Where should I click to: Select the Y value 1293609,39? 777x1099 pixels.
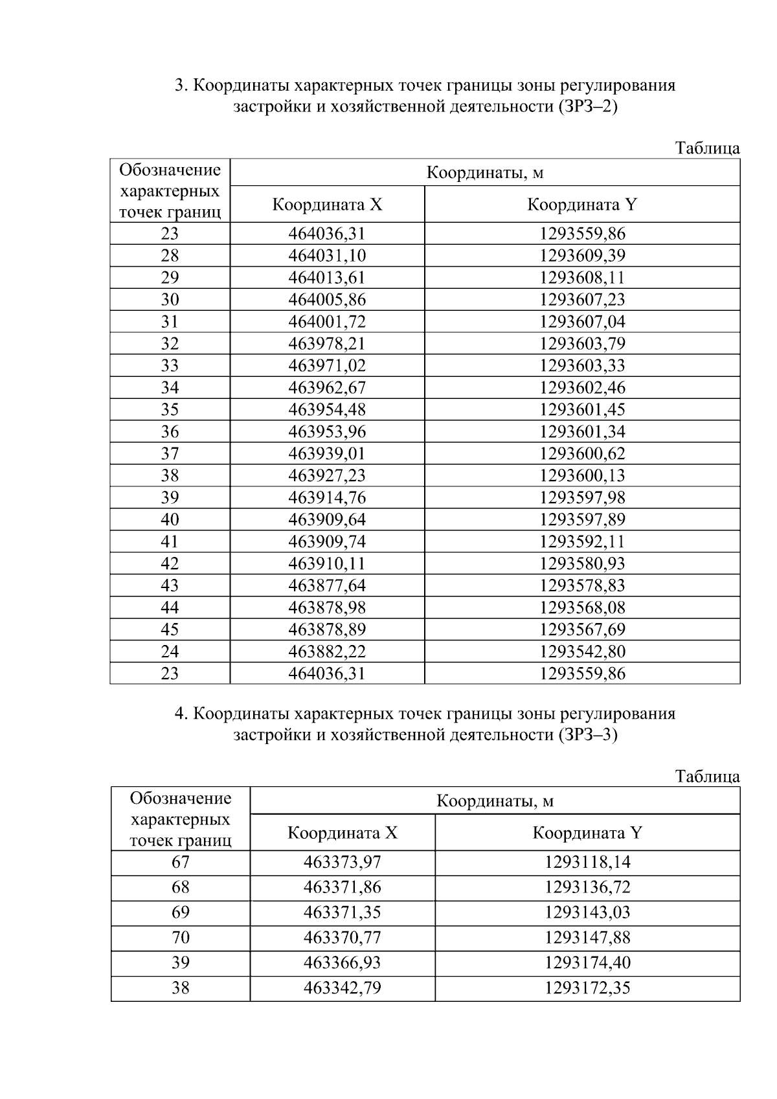(582, 255)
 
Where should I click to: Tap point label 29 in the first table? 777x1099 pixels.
(170, 277)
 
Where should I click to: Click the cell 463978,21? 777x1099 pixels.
(327, 343)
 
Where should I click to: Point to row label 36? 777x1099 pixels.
(170, 431)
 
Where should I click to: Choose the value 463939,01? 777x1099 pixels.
(327, 453)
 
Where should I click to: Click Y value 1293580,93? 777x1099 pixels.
(582, 563)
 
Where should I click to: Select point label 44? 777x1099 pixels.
(170, 607)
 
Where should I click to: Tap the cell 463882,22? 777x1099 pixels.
(327, 651)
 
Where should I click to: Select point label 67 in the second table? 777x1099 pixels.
(180, 862)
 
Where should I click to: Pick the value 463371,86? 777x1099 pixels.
(342, 887)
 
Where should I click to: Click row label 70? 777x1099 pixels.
(180, 937)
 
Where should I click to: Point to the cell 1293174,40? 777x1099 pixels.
(587, 962)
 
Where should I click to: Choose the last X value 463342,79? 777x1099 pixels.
(342, 988)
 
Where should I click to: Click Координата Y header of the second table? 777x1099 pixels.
(587, 832)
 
